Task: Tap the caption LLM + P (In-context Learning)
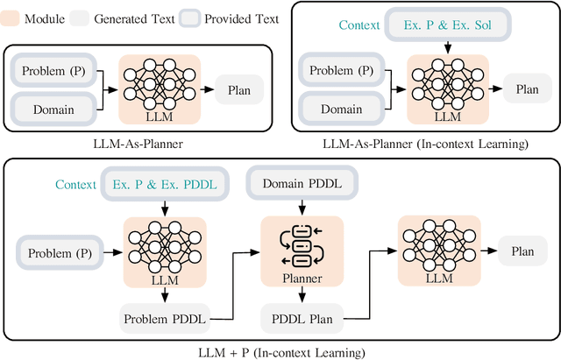[x=280, y=352]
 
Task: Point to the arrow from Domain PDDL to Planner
[x=303, y=208]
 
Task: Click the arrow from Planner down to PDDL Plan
[x=303, y=295]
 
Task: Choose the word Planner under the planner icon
[x=303, y=279]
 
